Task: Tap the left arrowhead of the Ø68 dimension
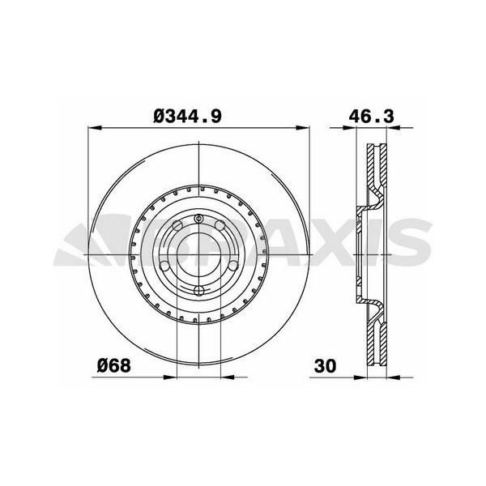171,377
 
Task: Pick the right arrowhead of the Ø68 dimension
228,377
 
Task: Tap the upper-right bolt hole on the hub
219,226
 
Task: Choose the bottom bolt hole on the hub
200,290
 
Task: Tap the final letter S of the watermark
413,241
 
